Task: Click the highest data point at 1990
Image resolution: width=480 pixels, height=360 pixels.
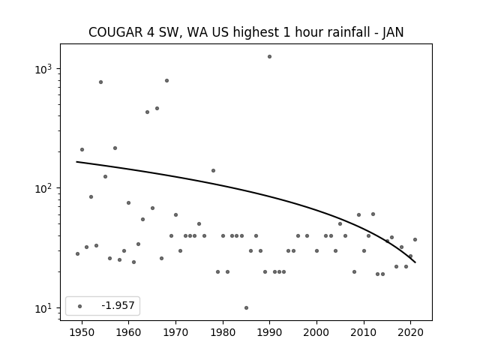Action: (x=269, y=57)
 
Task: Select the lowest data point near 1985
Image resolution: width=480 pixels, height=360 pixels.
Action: (x=246, y=307)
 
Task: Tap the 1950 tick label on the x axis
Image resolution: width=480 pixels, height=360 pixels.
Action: (x=82, y=332)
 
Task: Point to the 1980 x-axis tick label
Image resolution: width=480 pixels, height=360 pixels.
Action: (x=223, y=332)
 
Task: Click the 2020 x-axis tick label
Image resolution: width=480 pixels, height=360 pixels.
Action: (x=410, y=332)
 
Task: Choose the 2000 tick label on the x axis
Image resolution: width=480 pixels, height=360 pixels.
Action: (x=316, y=332)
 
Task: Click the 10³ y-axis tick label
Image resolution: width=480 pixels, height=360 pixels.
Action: (x=43, y=69)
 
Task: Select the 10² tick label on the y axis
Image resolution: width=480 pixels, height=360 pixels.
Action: (x=43, y=188)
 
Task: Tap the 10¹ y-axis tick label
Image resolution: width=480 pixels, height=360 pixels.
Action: (x=43, y=308)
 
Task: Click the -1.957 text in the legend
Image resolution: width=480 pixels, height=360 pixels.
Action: (x=118, y=305)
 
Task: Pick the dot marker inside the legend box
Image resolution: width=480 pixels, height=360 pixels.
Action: (x=79, y=306)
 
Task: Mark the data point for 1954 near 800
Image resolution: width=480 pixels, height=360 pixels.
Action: (x=100, y=82)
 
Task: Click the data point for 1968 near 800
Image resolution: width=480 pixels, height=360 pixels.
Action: (x=166, y=80)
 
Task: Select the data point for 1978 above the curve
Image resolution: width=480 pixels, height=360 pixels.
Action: (x=213, y=170)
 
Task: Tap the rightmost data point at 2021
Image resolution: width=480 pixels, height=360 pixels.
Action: (x=415, y=239)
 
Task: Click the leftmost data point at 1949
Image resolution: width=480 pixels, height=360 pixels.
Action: (x=77, y=253)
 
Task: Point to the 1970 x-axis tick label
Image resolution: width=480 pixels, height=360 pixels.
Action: (x=175, y=332)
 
